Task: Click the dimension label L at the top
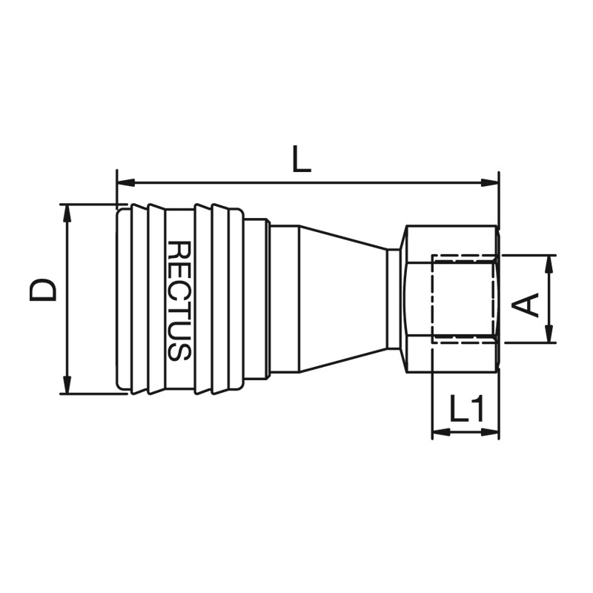(x=302, y=159)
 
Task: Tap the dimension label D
(x=43, y=291)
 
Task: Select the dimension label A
(x=525, y=305)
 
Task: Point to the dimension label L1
(x=467, y=408)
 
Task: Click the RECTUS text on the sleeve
(x=179, y=301)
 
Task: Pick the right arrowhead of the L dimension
(x=490, y=183)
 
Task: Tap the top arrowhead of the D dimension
(x=67, y=213)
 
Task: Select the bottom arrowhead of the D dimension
(x=67, y=385)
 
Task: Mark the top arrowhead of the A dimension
(x=549, y=265)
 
